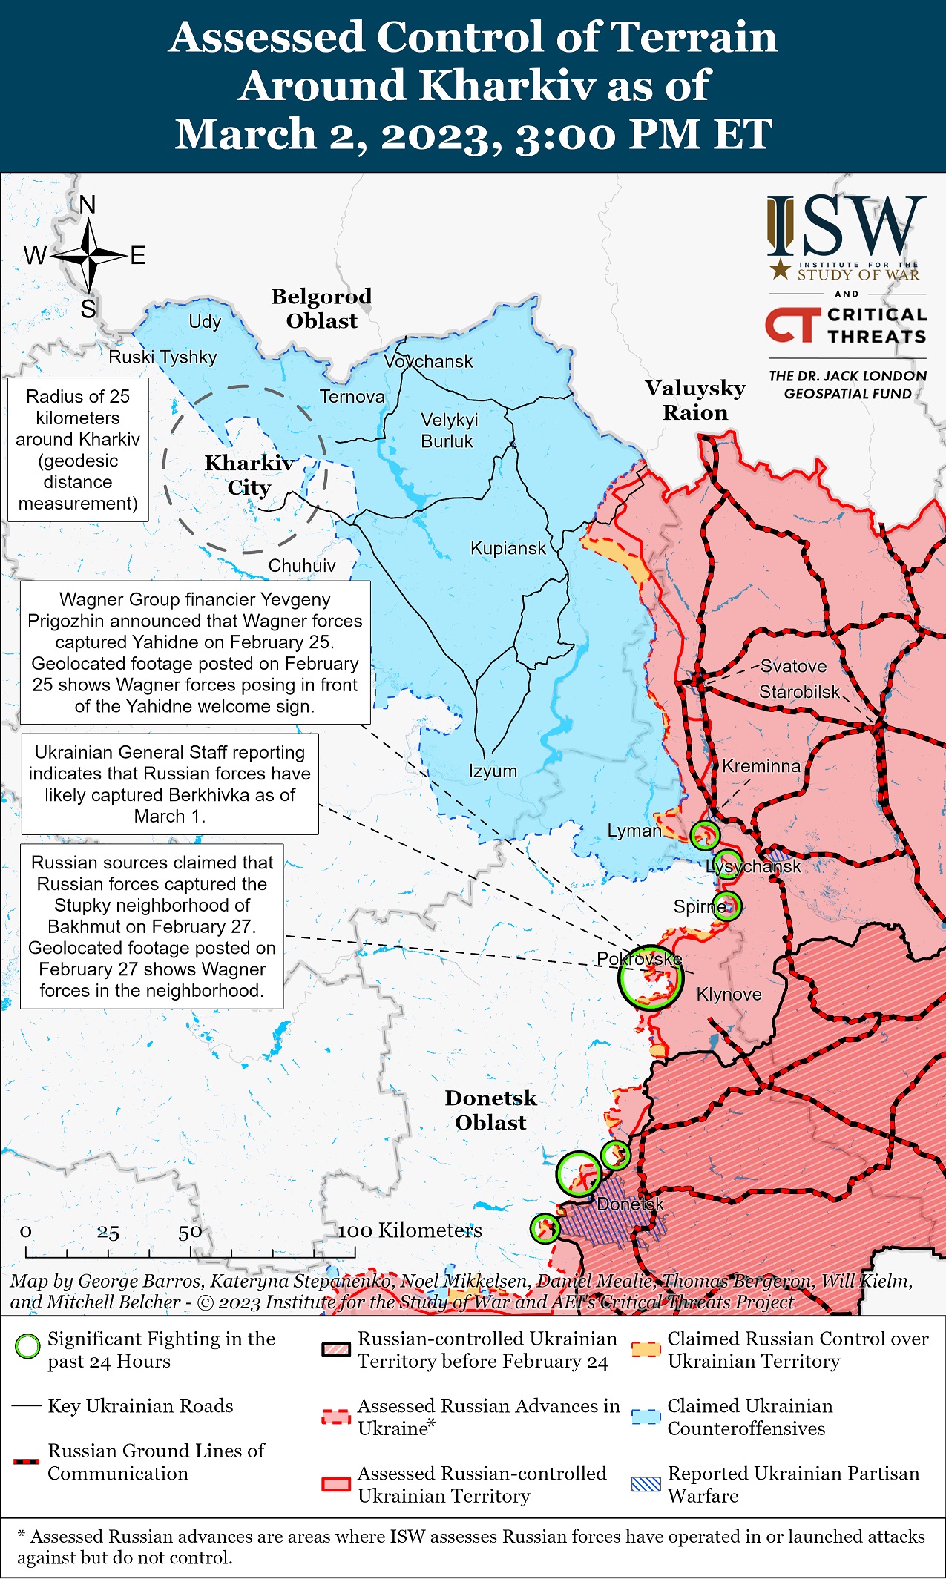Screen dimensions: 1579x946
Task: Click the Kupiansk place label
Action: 508,549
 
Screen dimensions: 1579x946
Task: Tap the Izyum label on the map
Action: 493,771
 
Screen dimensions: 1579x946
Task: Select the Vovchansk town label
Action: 428,362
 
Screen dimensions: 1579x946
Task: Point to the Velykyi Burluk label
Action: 449,431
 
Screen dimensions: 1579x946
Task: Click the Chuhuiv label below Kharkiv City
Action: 301,566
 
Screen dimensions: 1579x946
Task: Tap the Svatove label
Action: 793,666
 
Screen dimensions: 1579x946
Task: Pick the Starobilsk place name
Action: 799,692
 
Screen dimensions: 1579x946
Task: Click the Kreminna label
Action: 761,766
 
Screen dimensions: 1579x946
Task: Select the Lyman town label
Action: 634,831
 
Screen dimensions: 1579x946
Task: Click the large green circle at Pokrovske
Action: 649,977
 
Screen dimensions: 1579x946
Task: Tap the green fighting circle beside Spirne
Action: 727,906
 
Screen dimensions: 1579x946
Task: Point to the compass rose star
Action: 89,256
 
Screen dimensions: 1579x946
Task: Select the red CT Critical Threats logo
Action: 792,326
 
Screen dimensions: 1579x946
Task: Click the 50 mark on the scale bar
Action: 190,1233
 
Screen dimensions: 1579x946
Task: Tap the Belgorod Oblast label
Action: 321,309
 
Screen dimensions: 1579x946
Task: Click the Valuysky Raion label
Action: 694,400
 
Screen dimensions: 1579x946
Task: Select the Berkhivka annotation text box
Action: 170,784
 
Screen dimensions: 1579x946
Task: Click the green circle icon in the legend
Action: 27,1346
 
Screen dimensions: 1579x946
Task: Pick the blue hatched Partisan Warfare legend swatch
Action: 645,1484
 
